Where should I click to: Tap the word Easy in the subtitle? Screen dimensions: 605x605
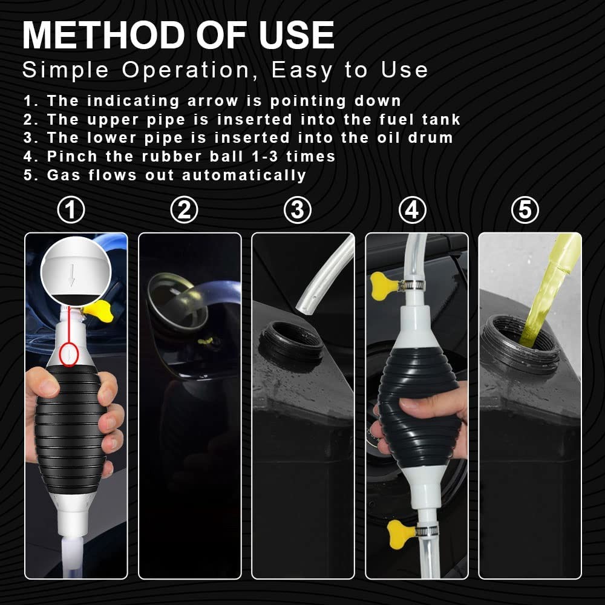click(x=302, y=70)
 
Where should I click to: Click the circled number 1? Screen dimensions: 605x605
click(x=71, y=211)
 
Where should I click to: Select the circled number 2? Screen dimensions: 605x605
click(x=184, y=211)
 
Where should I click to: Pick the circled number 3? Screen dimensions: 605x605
click(x=298, y=211)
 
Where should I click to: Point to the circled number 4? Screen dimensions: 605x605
click(x=412, y=211)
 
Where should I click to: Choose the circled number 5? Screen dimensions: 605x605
click(x=525, y=211)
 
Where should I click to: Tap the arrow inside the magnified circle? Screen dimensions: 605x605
click(x=72, y=275)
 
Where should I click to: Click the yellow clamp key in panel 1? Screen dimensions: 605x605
click(x=99, y=311)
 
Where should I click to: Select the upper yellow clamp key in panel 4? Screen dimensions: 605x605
click(x=384, y=286)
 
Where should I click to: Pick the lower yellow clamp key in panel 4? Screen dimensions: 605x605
click(x=400, y=534)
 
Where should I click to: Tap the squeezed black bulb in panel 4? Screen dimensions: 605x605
click(x=419, y=409)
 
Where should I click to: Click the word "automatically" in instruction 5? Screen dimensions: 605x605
click(x=244, y=175)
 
